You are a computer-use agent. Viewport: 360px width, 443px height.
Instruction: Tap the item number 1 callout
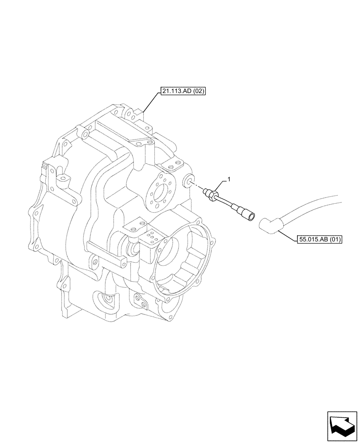click(x=229, y=179)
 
